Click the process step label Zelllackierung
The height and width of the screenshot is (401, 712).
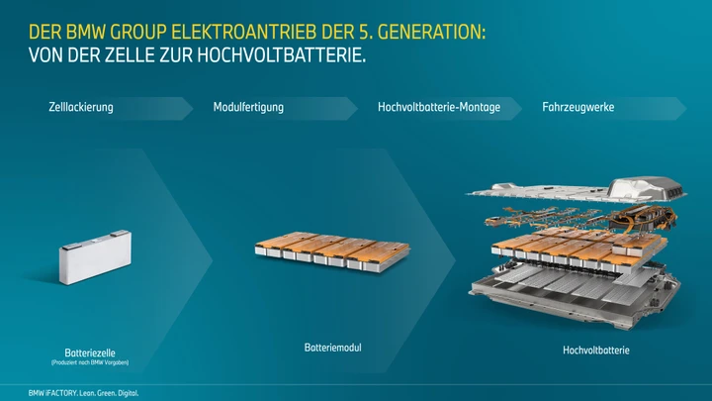click(81, 108)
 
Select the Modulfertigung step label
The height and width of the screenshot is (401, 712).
click(248, 108)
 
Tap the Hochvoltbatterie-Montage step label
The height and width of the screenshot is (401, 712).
click(439, 107)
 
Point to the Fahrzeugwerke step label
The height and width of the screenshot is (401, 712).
click(578, 108)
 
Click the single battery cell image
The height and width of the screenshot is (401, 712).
click(95, 256)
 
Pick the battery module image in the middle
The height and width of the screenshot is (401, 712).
click(332, 251)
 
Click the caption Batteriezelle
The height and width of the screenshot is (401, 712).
click(90, 352)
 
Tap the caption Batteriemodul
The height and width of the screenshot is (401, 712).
click(333, 348)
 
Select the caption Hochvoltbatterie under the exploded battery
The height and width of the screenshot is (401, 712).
click(595, 351)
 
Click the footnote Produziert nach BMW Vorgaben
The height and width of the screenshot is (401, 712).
click(90, 362)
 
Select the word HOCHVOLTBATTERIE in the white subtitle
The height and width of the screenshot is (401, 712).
click(282, 55)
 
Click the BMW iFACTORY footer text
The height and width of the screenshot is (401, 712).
click(83, 393)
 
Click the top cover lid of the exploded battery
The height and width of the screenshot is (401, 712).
click(577, 192)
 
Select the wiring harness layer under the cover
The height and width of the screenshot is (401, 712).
click(581, 218)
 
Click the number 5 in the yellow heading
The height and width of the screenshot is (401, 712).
click(363, 33)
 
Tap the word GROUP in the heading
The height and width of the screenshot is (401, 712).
click(138, 33)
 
